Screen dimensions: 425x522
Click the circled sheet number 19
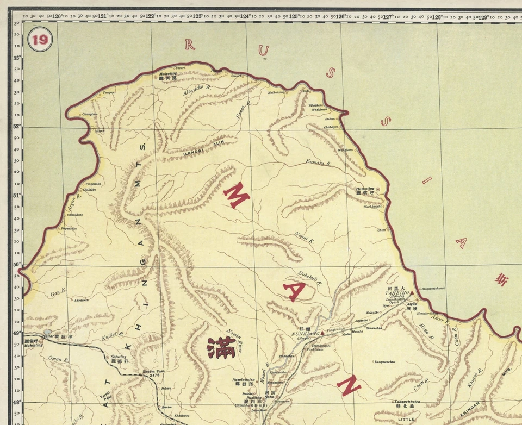coord(39,39)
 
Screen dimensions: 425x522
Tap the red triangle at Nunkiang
coord(322,333)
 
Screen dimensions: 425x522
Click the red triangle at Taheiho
coord(412,292)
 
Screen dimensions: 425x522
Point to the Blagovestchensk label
coord(433,288)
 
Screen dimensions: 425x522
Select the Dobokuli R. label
coord(310,278)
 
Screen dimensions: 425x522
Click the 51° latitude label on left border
coord(17,195)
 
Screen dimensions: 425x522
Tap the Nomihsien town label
coord(244,379)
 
